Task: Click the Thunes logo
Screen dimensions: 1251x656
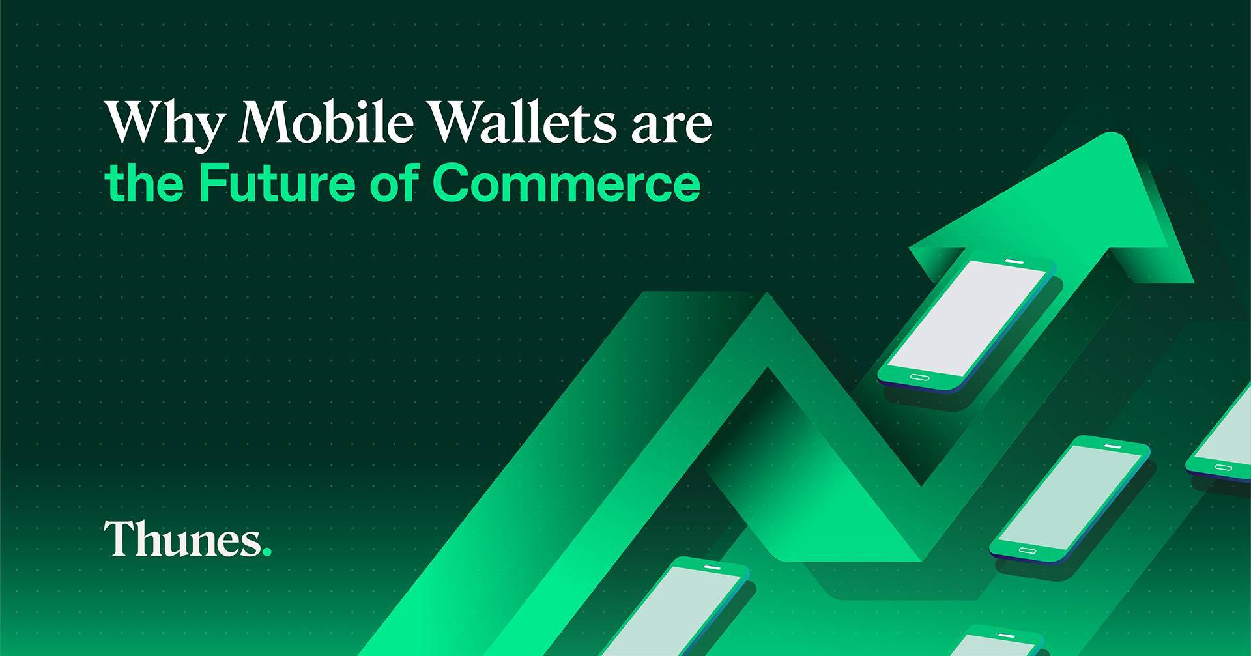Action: point(188,539)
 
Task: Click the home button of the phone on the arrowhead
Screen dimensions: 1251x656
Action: point(919,378)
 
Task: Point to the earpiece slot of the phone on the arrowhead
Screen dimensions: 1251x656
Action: point(1014,261)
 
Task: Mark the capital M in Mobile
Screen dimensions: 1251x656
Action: point(269,122)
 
